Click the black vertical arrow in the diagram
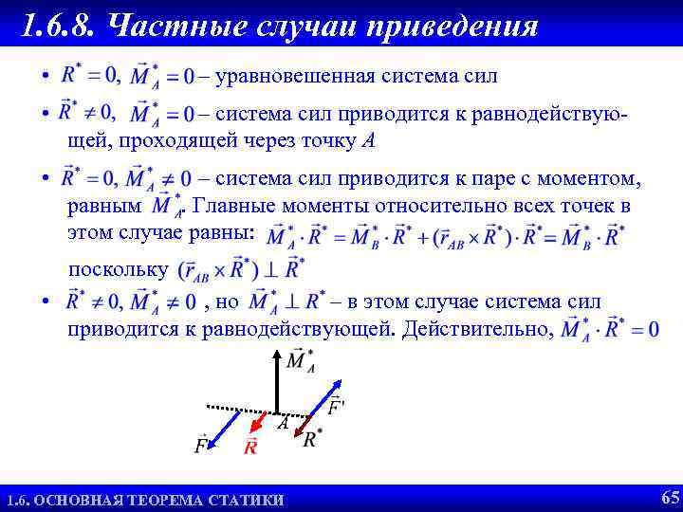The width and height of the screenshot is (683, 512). pos(276,384)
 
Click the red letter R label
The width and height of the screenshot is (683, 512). pos(251,448)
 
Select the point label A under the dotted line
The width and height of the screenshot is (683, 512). pos(283,426)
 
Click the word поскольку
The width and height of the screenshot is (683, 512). pos(117,269)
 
